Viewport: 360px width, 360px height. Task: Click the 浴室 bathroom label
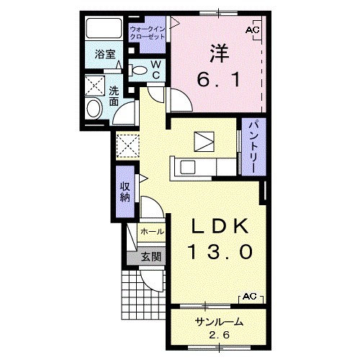click(105, 54)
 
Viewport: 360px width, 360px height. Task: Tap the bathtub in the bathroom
click(104, 28)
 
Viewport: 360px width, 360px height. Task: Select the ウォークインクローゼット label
click(147, 33)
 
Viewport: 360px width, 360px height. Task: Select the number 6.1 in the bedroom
click(219, 80)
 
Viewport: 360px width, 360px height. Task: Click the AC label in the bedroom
click(253, 30)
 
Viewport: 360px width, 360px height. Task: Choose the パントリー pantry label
click(253, 147)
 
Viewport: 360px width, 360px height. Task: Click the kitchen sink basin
click(187, 167)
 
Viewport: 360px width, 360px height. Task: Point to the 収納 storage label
click(125, 192)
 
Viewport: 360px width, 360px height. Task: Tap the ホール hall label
click(152, 232)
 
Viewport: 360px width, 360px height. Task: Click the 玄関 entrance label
click(150, 257)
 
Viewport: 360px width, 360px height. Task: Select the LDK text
click(220, 227)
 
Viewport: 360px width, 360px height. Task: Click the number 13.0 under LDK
click(221, 251)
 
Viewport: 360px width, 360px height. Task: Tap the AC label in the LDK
click(250, 297)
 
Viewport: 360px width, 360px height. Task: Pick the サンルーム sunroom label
click(220, 322)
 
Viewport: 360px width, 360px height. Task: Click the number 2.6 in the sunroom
click(219, 335)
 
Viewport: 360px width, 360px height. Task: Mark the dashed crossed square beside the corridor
click(127, 145)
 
